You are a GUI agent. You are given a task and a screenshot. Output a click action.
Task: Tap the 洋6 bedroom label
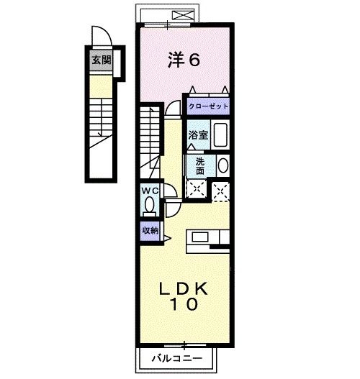pos(184,61)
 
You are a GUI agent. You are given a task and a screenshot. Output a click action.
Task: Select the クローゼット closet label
pos(209,106)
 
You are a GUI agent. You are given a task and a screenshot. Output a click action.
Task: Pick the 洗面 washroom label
pos(198,165)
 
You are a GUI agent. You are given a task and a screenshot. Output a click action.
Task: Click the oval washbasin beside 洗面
pos(222,165)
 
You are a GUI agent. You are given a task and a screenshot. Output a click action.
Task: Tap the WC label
pos(149,191)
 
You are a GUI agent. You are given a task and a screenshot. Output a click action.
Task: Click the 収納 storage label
pos(149,231)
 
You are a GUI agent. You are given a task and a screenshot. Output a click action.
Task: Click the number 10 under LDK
pos(184,305)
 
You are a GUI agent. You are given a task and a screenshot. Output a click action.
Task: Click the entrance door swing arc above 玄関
pos(101,36)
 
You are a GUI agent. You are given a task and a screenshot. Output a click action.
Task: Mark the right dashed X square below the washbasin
pos(221,189)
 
